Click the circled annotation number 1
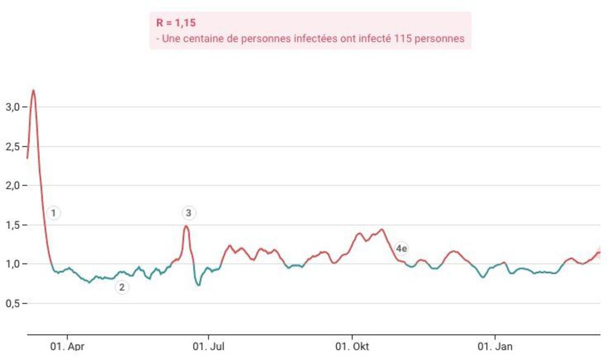(54, 213)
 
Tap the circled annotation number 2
(122, 288)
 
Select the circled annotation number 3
(189, 213)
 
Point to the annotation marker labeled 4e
(401, 248)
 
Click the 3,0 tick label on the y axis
(13, 107)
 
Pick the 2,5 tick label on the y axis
(13, 146)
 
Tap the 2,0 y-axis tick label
(13, 186)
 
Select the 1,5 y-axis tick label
(13, 225)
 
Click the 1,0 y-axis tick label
(13, 264)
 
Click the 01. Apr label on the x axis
(67, 347)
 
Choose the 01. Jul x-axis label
(209, 347)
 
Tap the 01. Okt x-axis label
(352, 347)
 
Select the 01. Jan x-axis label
(495, 347)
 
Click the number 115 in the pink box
(403, 39)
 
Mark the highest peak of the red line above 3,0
(33, 90)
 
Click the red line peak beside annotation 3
(186, 226)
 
